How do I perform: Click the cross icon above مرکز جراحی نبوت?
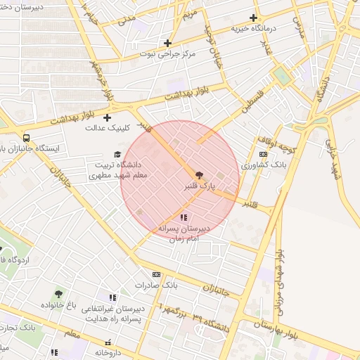pyautogui.click(x=167, y=43)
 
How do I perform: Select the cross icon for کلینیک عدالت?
pyautogui.click(x=107, y=117)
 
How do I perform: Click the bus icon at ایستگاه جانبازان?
pyautogui.click(x=26, y=139)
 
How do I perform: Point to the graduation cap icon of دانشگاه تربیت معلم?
pyautogui.click(x=117, y=155)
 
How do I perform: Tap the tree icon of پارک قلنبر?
pyautogui.click(x=199, y=175)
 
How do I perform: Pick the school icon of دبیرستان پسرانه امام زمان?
pyautogui.click(x=184, y=218)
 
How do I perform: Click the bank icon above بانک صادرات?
pyautogui.click(x=156, y=274)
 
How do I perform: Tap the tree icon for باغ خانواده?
pyautogui.click(x=58, y=294)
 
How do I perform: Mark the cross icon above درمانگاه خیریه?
pyautogui.click(x=253, y=18)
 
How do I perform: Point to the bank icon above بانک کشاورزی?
pyautogui.click(x=263, y=154)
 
